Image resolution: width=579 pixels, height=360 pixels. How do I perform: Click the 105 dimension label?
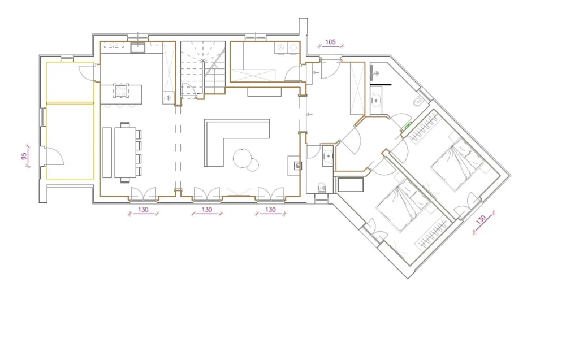click(330, 42)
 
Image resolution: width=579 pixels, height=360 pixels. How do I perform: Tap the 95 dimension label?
click(24, 157)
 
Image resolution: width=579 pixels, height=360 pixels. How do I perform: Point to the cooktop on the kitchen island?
click(121, 90)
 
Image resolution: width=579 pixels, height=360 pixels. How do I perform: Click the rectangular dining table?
click(126, 153)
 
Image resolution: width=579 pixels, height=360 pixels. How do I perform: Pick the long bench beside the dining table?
click(107, 153)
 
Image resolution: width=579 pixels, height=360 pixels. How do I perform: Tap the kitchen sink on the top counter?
click(137, 47)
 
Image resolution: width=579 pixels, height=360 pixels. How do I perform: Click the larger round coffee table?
click(242, 158)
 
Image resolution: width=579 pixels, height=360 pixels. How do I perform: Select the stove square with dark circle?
click(297, 166)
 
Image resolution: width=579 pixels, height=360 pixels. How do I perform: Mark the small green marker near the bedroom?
click(408, 125)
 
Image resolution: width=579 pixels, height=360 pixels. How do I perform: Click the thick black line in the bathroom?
click(381, 85)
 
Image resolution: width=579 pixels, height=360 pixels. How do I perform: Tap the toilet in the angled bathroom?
click(418, 101)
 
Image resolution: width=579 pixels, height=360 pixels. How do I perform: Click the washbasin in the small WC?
click(328, 156)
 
